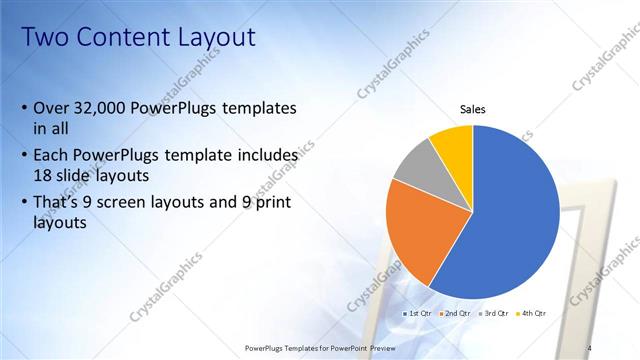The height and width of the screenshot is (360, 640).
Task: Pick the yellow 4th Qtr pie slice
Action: (453, 145)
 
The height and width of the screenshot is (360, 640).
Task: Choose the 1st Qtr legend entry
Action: (419, 314)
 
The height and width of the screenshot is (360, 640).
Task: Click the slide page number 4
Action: (589, 347)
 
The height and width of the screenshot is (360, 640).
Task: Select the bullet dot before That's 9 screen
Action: (24, 205)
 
